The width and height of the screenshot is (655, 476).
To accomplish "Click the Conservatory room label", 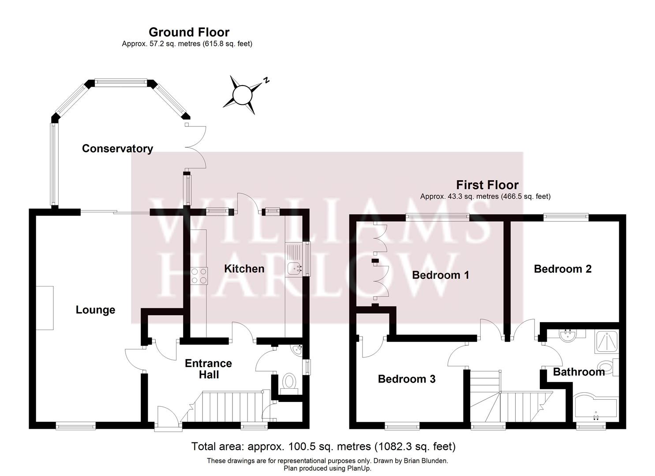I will click(117, 149).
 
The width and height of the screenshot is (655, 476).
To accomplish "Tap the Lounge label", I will click(95, 310).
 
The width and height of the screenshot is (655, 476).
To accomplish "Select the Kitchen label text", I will click(244, 268).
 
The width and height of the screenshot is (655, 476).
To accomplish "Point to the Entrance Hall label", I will click(208, 369).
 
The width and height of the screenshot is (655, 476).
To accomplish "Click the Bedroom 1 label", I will click(440, 275).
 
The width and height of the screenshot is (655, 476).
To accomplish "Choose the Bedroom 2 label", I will click(562, 269).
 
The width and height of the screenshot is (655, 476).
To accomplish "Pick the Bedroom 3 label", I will click(407, 379).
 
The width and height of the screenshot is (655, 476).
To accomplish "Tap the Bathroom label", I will click(578, 372).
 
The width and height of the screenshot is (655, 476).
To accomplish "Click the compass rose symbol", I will click(242, 95).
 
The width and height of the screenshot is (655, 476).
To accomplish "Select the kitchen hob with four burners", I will click(199, 276).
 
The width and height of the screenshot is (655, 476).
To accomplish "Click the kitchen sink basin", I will click(295, 268).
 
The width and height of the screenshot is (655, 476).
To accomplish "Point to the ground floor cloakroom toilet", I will click(289, 382).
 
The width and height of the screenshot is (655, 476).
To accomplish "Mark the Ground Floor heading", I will click(189, 32).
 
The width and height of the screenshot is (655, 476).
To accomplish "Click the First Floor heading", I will click(487, 185).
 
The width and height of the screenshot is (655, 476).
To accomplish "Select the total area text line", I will click(323, 446).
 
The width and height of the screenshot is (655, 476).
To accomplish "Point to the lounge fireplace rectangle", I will click(45, 308).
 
